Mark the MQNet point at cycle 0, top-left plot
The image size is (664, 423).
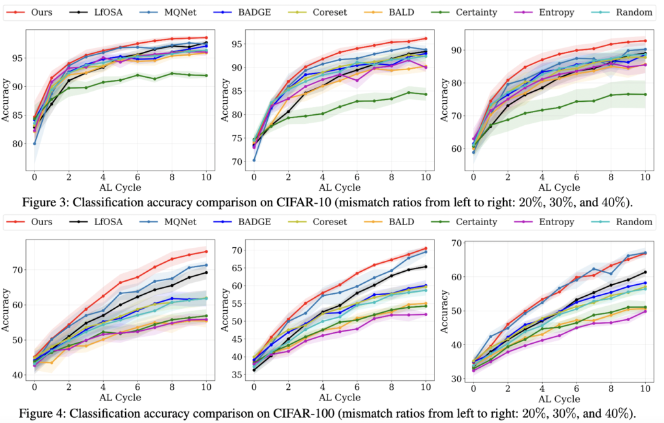click(x=34, y=143)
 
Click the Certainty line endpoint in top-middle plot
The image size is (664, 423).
click(x=426, y=94)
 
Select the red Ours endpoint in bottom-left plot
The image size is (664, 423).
click(x=206, y=251)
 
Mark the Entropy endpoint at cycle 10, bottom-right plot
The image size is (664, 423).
click(x=646, y=311)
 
